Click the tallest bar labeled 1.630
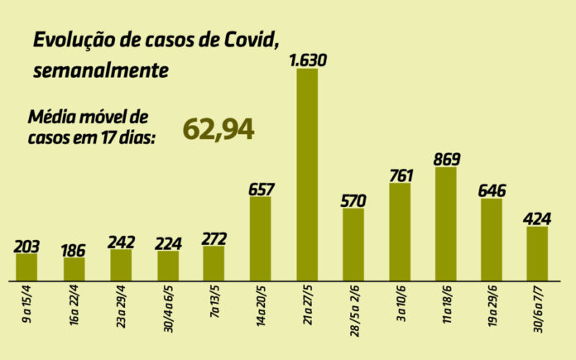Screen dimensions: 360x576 coord(306,174)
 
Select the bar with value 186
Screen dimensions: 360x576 coord(74,268)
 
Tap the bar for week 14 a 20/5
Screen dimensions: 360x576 coord(260,238)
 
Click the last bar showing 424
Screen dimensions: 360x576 coord(538,252)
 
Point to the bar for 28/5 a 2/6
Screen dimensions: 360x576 coord(353,243)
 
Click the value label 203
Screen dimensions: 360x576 coord(27,245)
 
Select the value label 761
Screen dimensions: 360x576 coord(400,175)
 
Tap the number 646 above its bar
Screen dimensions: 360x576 coord(492,190)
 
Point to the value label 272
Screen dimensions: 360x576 coord(214,238)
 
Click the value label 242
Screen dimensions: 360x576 coord(121,241)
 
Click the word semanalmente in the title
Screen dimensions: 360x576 coord(101,71)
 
